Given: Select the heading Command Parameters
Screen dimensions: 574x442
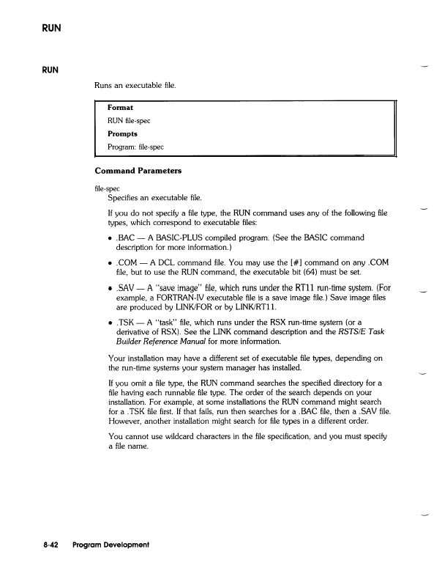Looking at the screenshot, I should click(x=139, y=171).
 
